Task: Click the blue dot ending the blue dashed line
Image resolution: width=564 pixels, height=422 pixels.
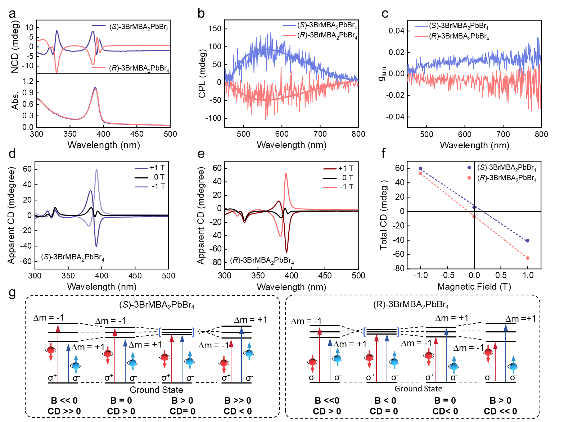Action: click(x=527, y=241)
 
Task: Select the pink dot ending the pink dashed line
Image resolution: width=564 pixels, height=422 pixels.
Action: click(x=527, y=258)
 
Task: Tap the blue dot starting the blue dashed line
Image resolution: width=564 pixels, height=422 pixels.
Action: click(x=420, y=168)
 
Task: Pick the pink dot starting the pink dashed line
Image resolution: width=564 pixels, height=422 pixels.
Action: click(x=420, y=173)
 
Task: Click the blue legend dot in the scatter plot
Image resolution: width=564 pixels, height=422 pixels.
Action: click(x=469, y=168)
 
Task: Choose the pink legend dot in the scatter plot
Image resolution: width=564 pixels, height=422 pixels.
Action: click(x=469, y=178)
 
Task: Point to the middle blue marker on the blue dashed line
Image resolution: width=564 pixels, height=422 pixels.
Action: click(x=474, y=207)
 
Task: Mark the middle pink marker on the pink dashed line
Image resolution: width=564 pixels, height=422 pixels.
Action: click(x=474, y=217)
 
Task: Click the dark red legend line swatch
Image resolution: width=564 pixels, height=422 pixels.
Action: click(x=330, y=169)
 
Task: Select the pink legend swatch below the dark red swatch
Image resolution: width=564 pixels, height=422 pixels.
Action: click(x=330, y=187)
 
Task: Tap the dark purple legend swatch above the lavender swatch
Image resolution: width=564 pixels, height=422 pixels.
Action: click(x=141, y=168)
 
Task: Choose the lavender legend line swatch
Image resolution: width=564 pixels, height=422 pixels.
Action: click(x=141, y=187)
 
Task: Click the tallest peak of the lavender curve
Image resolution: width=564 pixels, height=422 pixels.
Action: click(x=96, y=169)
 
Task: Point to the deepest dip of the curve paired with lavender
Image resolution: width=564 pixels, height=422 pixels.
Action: click(x=96, y=246)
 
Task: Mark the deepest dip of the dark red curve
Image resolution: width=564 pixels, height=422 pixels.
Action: click(x=286, y=252)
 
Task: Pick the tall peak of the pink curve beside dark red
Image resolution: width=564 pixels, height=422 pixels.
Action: click(x=286, y=173)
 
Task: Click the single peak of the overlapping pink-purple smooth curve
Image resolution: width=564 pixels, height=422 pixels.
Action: click(x=95, y=88)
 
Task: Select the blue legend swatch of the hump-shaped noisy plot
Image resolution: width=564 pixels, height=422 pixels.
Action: click(x=289, y=26)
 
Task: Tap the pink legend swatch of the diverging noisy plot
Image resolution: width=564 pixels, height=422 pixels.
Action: click(x=421, y=37)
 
